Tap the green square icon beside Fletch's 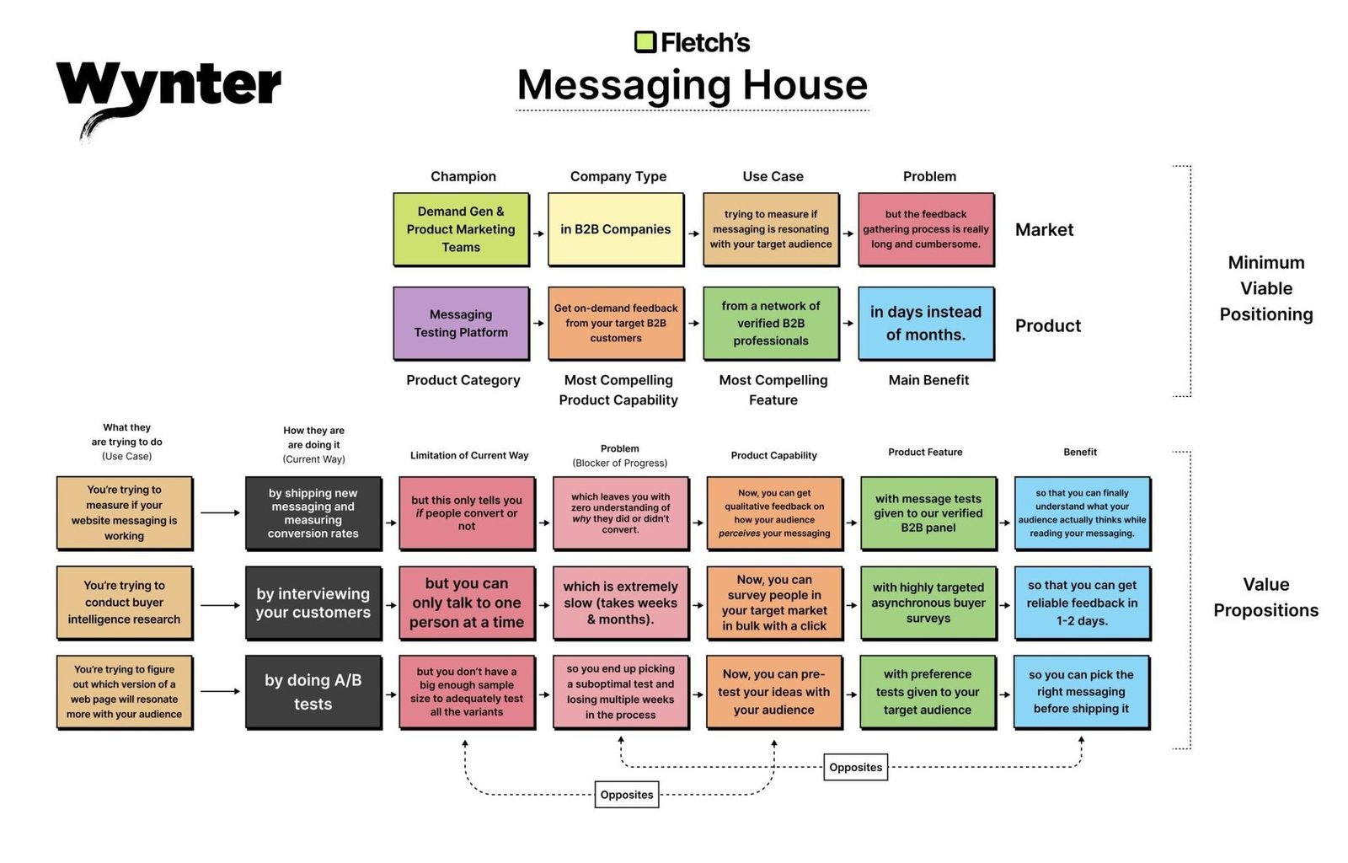[x=645, y=42]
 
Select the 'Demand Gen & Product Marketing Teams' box [x=462, y=229]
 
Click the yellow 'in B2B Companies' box [x=616, y=229]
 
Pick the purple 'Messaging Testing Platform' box [x=462, y=323]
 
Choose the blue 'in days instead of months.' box [x=926, y=323]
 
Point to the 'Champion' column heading [x=463, y=176]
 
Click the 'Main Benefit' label [x=928, y=380]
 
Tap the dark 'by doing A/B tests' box [x=313, y=692]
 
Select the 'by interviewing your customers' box [x=313, y=603]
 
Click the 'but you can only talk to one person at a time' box [x=467, y=603]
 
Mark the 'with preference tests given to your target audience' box [x=928, y=692]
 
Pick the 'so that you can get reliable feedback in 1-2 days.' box [x=1083, y=603]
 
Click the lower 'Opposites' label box [x=627, y=795]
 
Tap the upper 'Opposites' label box [x=855, y=767]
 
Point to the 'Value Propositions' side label [x=1265, y=597]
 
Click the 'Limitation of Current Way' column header [x=469, y=456]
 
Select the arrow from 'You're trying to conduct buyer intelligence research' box [x=220, y=605]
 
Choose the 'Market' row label [x=1044, y=230]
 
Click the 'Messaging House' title [x=692, y=84]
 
